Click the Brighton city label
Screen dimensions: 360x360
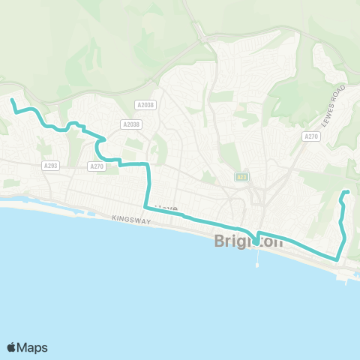(249, 241)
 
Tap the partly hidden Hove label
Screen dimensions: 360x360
(164, 208)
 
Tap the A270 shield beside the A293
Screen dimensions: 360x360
(96, 166)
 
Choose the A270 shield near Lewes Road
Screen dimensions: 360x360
(311, 136)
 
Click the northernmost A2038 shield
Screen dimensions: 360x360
(145, 105)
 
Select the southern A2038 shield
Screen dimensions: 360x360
(130, 124)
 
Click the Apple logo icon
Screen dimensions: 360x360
(12, 347)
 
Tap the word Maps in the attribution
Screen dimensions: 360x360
(32, 347)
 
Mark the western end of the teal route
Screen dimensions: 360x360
(12, 100)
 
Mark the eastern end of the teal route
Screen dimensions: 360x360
(347, 193)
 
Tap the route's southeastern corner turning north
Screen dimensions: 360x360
(337, 259)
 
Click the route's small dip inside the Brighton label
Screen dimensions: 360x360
(256, 241)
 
